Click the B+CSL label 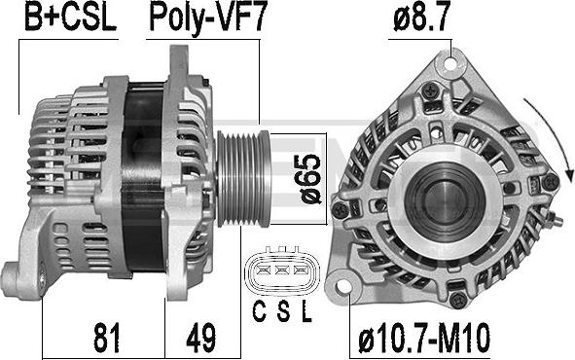70,18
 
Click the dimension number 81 106,338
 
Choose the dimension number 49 201,338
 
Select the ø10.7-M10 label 424,338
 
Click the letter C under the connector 259,311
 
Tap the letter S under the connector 283,311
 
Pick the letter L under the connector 306,311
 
